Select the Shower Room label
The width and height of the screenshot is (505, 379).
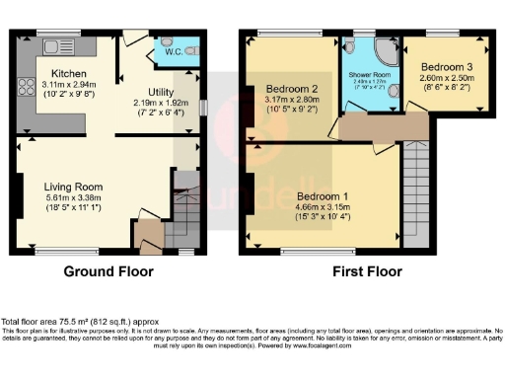coord(369,74)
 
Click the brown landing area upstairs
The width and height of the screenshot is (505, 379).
coord(383,126)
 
